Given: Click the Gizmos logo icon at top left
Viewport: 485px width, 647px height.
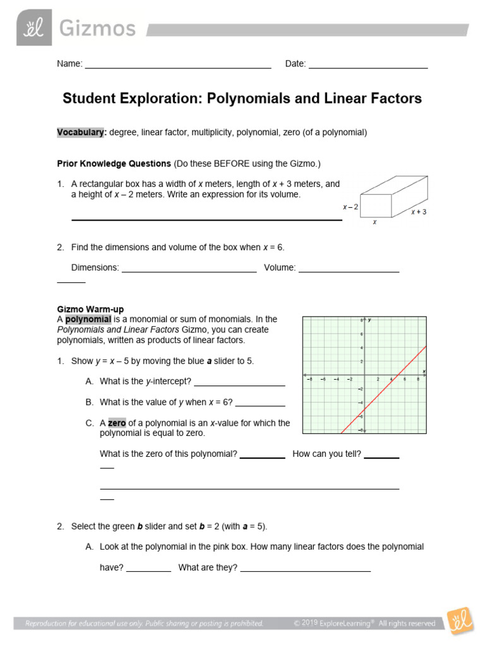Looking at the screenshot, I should [34, 28].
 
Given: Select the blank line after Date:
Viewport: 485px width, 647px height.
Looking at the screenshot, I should [368, 67].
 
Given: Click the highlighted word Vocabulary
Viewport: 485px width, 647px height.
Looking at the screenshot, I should [80, 133].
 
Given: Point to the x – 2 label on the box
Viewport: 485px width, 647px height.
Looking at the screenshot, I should [350, 207].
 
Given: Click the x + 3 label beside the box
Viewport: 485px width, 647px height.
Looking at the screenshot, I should [419, 212].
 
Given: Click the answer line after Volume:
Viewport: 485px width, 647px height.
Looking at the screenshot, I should [348, 271].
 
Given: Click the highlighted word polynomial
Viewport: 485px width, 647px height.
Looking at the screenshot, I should [88, 319].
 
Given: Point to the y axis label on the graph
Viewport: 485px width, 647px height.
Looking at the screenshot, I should [369, 320].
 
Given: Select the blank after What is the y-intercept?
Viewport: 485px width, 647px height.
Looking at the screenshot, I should [239, 385].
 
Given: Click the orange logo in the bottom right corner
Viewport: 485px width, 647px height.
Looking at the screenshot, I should [458, 622].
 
